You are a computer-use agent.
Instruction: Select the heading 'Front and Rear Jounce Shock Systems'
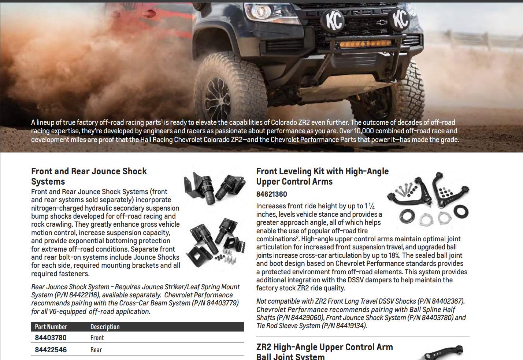pyautogui.click(x=89, y=176)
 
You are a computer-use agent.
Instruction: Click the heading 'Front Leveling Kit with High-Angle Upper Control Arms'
pyautogui.click(x=322, y=176)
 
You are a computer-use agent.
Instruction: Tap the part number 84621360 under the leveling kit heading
pyautogui.click(x=271, y=194)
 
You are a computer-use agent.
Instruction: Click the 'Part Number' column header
pyautogui.click(x=51, y=327)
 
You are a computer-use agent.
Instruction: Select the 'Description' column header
pyautogui.click(x=105, y=327)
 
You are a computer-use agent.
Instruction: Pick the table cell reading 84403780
pyautogui.click(x=51, y=338)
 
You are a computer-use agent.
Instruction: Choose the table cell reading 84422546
pyautogui.click(x=51, y=350)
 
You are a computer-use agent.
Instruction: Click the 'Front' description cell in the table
pyautogui.click(x=97, y=338)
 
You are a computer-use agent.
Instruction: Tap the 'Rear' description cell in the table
pyautogui.click(x=96, y=350)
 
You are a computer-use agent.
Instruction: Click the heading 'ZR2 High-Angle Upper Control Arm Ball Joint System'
pyautogui.click(x=324, y=352)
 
